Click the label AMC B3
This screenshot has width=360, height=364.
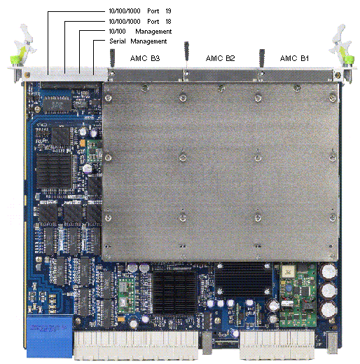[x=145, y=58]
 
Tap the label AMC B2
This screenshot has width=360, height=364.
[x=220, y=58]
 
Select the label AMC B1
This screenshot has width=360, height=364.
[x=294, y=58]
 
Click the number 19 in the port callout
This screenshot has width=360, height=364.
[x=168, y=11]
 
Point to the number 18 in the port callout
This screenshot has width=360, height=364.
[x=168, y=22]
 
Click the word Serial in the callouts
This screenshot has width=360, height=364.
[x=118, y=41]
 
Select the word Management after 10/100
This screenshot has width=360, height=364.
[x=153, y=32]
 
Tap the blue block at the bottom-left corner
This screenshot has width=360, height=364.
[x=50, y=336]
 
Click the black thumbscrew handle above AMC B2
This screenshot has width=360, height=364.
[x=186, y=50]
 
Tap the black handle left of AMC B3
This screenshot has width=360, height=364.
[x=112, y=58]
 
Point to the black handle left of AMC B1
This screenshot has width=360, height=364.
[x=262, y=58]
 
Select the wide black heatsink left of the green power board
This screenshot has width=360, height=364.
[x=244, y=278]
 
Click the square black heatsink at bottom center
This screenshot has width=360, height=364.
[x=174, y=292]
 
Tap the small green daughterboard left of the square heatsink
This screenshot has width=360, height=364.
[x=127, y=295]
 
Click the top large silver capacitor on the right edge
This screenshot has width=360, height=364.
[x=328, y=271]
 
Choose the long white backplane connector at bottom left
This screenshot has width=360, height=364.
[x=136, y=345]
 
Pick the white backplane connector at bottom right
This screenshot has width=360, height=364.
[x=277, y=345]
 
